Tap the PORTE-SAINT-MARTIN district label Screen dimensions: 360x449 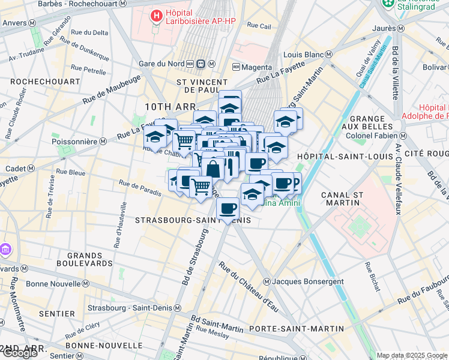[x=297, y=329]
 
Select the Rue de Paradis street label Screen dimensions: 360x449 [x=140, y=188]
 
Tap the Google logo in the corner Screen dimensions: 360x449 [x=19, y=353]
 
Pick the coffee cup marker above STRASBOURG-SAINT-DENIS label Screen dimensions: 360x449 [x=228, y=209]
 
